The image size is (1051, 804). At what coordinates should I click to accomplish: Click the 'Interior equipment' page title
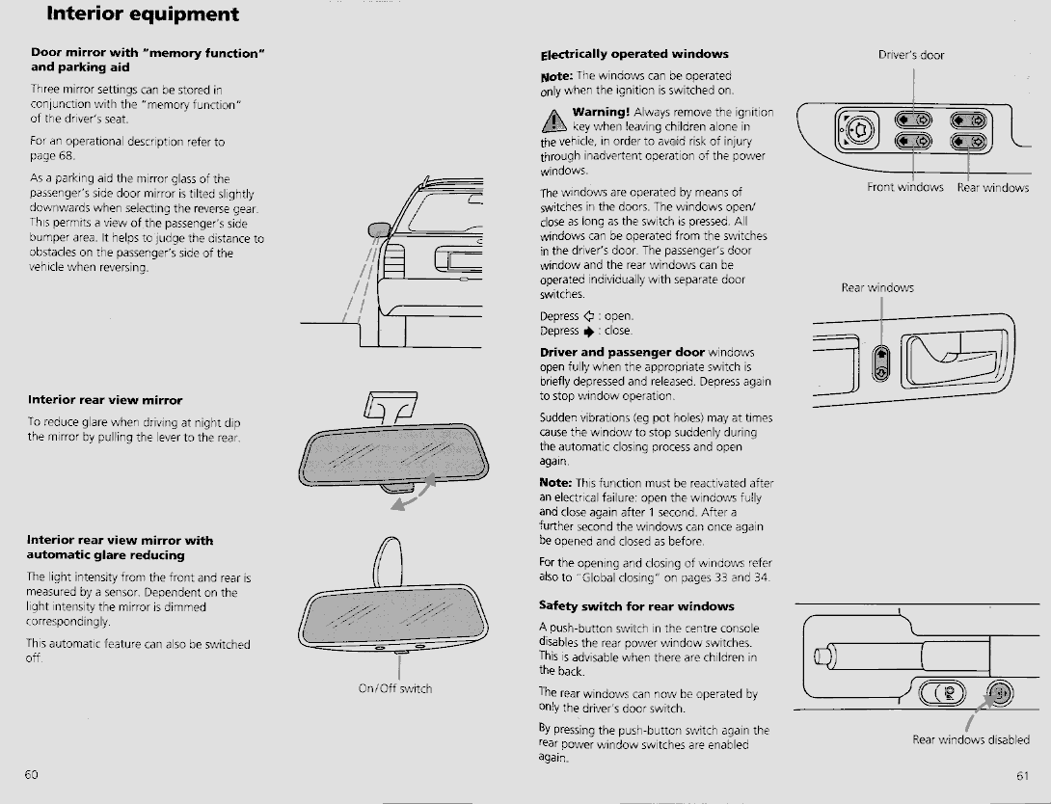coord(143,14)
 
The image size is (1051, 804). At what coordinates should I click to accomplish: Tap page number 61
coord(1022,775)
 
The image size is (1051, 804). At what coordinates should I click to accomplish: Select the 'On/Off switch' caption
coord(395,688)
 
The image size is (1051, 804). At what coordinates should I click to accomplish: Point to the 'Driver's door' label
coord(911,55)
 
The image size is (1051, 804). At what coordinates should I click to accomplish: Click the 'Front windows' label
coord(904,187)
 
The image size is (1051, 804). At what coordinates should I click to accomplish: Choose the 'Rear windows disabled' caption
coord(971,739)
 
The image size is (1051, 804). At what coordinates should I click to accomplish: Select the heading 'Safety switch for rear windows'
coord(636,606)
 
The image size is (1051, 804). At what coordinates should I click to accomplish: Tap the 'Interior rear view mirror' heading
coord(104,400)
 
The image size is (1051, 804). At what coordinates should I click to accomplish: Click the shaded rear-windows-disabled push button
coord(1000,692)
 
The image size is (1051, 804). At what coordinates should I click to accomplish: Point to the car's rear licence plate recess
coord(458,259)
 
